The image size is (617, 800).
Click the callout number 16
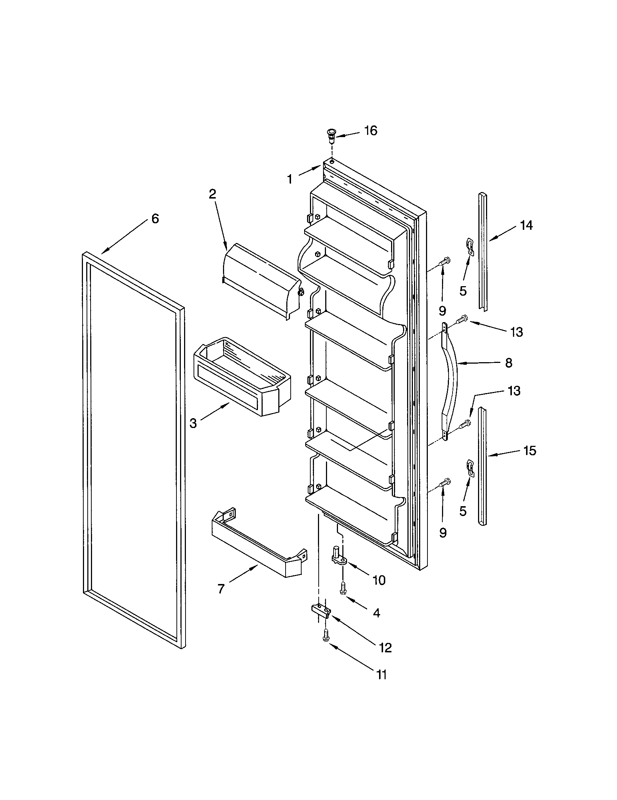pos(371,131)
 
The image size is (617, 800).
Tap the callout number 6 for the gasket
pos(155,219)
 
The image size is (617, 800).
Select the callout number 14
pos(526,225)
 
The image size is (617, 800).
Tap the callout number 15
pos(530,450)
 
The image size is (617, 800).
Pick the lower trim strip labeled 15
pos(483,467)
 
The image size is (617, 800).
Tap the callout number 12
pos(385,648)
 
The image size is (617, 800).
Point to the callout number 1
pos(290,179)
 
